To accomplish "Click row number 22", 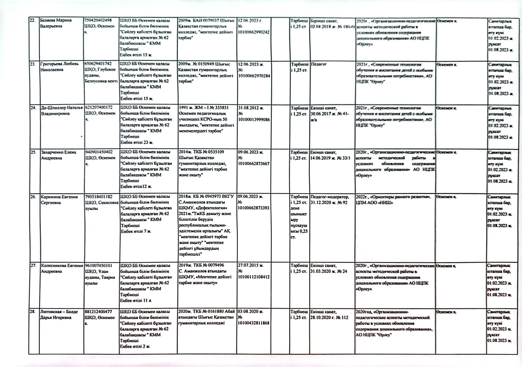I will [33, 20].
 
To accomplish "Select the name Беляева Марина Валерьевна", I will [56, 23].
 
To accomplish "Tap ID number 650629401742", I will [98, 64].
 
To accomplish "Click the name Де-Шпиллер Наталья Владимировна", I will [61, 111].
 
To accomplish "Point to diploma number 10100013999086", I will [254, 120].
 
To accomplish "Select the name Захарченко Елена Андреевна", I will [58, 155].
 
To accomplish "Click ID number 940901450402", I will [99, 152].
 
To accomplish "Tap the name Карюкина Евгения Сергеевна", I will [59, 199].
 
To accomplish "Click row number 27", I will [33, 266].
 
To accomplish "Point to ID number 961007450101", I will [98, 266].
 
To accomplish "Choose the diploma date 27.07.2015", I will [250, 265].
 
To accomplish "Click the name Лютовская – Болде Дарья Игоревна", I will [59, 314].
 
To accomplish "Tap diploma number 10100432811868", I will [254, 323].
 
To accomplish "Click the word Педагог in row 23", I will [319, 64].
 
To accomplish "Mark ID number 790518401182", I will [99, 197].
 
